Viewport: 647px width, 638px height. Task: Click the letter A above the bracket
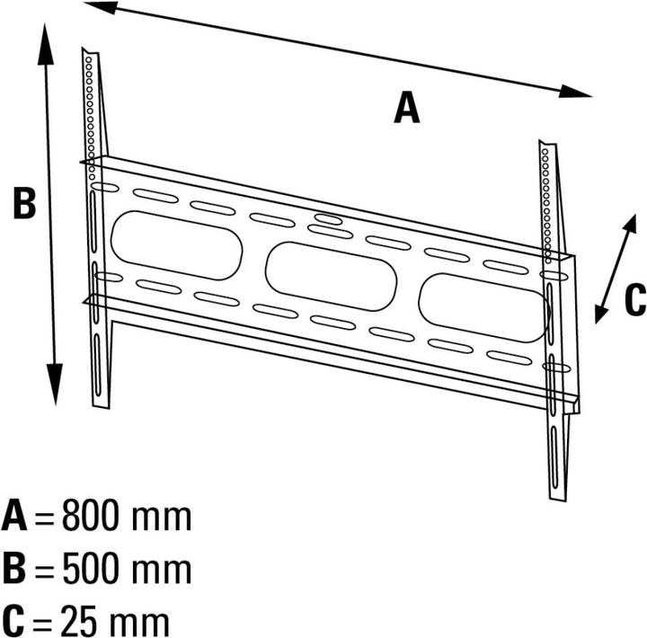point(407,107)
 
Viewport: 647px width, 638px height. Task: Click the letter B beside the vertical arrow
point(24,202)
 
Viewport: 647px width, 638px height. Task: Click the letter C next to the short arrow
point(635,299)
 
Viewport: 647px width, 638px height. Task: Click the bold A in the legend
point(14,515)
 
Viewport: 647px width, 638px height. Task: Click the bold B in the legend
point(14,568)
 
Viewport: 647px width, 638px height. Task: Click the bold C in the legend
point(13,621)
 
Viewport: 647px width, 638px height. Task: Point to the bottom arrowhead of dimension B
point(55,385)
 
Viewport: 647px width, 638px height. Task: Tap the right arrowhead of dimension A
point(575,92)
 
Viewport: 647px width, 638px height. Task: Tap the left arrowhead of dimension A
point(101,6)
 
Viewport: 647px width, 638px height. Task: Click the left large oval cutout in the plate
point(177,245)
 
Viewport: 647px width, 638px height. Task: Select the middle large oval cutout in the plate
point(331,276)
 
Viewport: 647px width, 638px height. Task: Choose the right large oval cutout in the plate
point(484,307)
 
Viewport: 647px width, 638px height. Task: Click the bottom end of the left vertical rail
point(101,406)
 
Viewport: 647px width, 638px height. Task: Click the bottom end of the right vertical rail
point(558,498)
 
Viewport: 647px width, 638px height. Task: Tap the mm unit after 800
point(162,518)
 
